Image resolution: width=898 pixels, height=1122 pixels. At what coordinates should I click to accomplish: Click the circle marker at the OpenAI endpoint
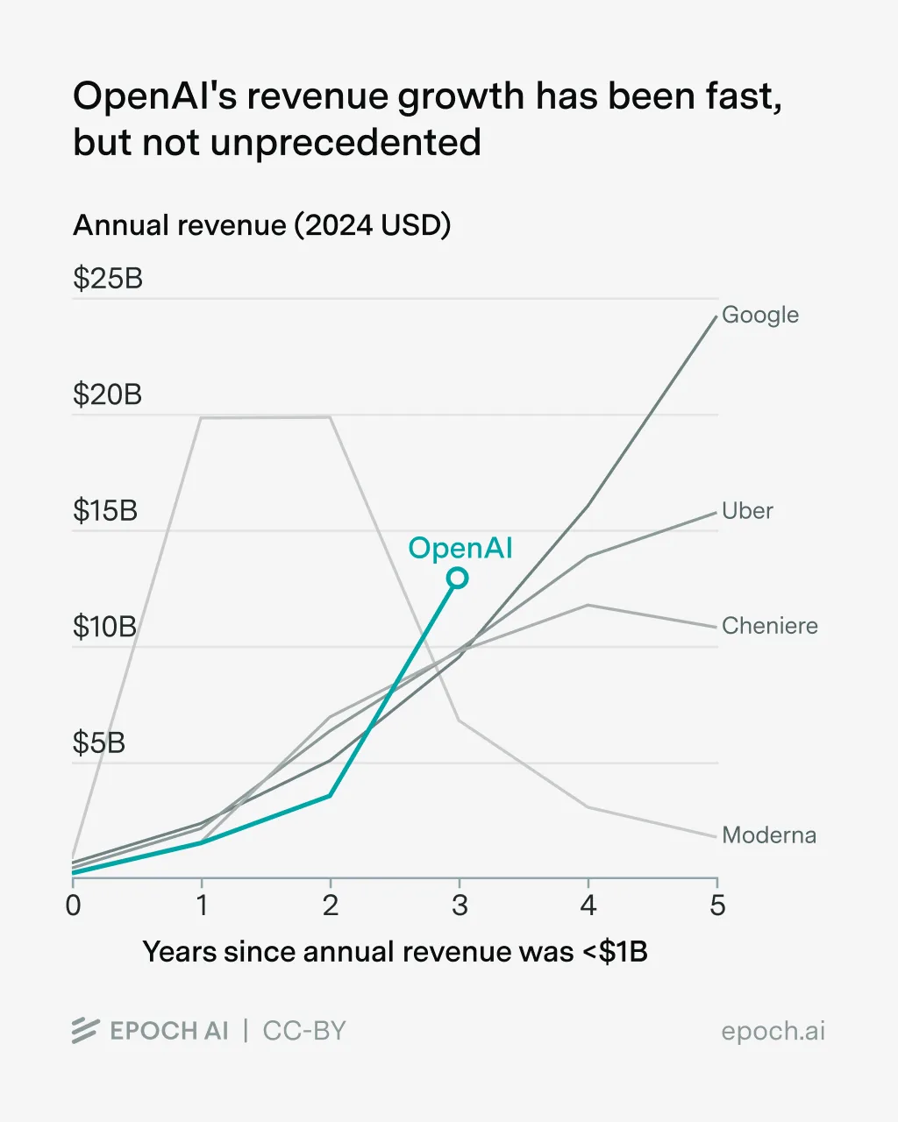click(457, 578)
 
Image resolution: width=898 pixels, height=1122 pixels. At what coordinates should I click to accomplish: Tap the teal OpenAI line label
click(460, 548)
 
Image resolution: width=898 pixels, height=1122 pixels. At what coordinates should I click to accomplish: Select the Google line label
click(759, 315)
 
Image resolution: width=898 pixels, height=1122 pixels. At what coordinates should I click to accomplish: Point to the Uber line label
click(747, 511)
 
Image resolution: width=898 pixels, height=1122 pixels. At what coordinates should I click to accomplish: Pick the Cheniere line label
click(769, 626)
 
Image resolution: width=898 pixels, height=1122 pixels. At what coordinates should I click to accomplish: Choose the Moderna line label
click(768, 835)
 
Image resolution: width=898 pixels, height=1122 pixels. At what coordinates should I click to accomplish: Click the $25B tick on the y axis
click(107, 279)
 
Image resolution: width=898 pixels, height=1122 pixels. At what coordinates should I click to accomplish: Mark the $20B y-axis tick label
click(107, 394)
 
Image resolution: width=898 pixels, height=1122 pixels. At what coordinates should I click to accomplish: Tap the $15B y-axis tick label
click(105, 511)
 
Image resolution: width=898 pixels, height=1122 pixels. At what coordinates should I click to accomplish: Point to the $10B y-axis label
click(105, 627)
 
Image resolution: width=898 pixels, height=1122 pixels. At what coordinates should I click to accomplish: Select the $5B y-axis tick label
click(99, 743)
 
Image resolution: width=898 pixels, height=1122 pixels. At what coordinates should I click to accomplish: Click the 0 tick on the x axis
click(73, 905)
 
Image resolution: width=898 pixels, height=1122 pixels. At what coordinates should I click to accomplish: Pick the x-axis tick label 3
click(460, 905)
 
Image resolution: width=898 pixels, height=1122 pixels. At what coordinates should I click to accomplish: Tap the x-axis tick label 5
click(717, 905)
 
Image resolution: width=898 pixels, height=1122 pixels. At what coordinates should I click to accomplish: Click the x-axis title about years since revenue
click(395, 952)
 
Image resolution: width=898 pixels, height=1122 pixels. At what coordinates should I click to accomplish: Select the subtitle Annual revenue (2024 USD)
click(261, 225)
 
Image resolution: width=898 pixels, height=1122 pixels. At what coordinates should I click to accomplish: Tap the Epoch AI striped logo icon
click(85, 1031)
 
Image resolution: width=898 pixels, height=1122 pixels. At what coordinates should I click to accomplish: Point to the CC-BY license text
click(304, 1031)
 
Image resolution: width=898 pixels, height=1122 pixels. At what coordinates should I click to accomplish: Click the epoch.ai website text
click(773, 1031)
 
